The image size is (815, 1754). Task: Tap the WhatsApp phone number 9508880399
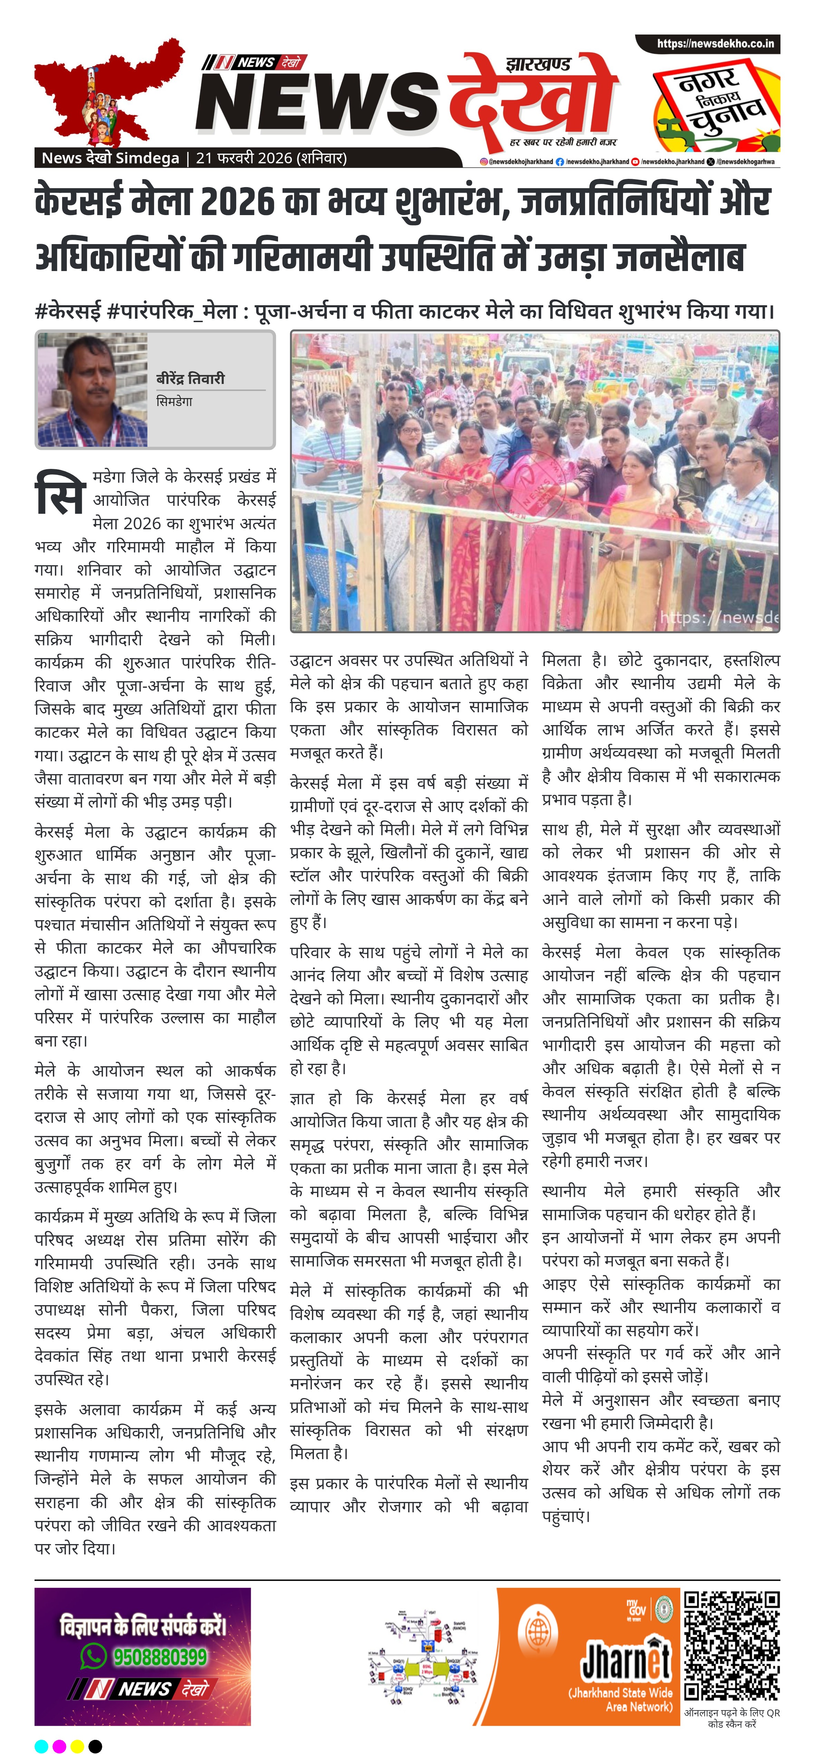coord(160,1657)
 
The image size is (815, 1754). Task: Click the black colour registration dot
coord(95,1746)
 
